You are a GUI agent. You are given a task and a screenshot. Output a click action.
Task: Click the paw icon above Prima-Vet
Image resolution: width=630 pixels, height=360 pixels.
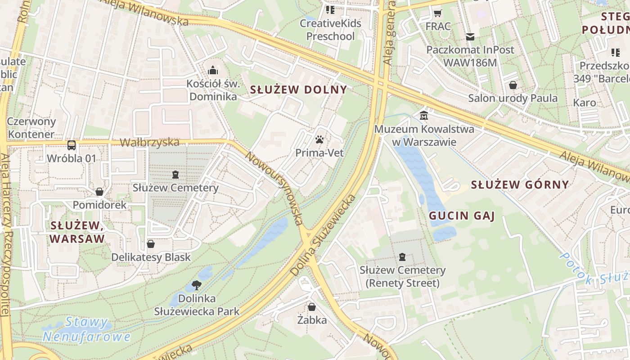319,139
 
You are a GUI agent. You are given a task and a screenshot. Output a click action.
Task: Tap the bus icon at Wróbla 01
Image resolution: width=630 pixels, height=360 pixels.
72,145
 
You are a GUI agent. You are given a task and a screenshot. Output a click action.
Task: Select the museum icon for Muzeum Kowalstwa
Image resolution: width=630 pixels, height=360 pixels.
424,116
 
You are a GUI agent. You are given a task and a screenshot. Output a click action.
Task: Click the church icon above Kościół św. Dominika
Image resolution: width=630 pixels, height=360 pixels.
213,70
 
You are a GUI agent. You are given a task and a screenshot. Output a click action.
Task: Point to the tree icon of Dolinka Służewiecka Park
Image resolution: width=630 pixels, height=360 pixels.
196,285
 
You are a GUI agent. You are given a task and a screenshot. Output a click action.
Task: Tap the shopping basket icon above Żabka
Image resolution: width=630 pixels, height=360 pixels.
311,307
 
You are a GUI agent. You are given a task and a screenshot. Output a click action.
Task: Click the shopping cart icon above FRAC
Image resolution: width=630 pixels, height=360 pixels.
437,13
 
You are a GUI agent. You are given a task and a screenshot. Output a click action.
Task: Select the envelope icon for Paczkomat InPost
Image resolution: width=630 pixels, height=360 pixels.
470,36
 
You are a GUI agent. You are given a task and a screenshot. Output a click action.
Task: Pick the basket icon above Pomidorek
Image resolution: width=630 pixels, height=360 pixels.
99,192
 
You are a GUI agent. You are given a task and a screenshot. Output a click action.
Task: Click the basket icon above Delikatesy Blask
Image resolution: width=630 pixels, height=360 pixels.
151,244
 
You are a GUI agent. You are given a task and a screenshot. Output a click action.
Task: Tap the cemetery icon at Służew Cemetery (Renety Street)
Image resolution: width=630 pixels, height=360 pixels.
402,257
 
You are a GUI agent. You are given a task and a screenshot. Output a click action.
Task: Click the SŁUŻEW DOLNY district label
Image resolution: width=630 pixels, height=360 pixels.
298,90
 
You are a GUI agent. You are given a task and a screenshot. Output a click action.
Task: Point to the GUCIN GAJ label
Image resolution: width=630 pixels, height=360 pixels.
462,216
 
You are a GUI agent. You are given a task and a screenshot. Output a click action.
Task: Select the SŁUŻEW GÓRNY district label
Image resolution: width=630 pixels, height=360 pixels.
520,184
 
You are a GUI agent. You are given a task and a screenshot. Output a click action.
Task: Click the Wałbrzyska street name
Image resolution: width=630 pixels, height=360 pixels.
149,143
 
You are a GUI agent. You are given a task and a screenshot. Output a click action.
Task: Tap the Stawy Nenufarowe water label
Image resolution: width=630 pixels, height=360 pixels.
86,329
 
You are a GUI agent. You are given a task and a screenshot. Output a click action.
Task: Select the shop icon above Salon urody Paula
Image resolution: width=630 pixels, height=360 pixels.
513,85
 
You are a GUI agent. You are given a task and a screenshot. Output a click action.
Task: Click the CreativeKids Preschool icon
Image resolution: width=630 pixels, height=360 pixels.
330,10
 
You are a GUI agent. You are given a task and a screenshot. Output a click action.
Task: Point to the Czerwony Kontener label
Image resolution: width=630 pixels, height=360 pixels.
31,128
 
